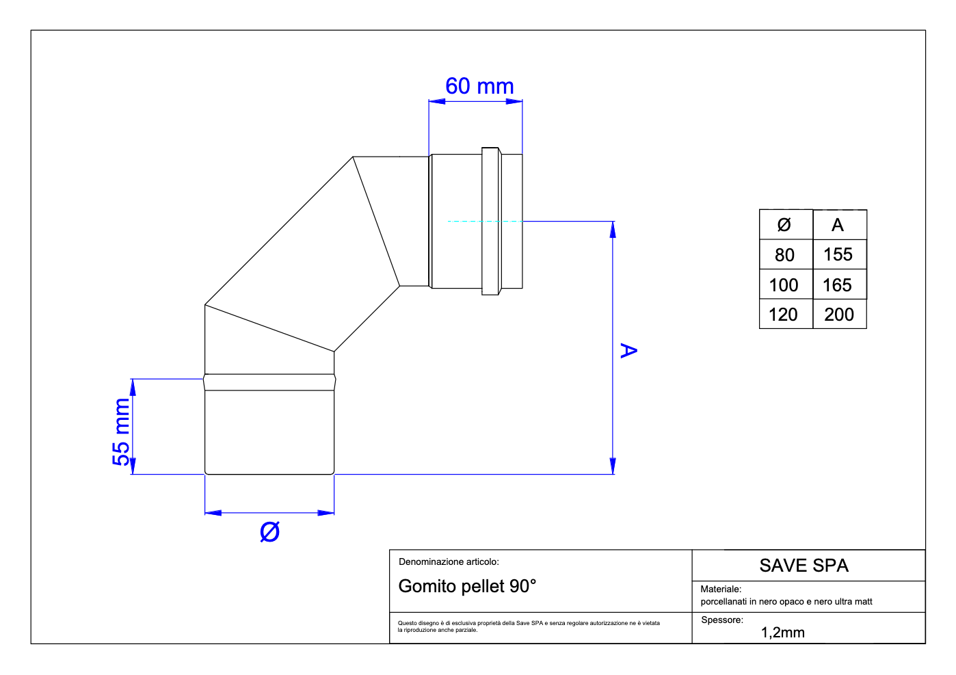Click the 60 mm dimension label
point(479,87)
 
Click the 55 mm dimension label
point(121,432)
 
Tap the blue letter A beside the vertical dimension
point(628,351)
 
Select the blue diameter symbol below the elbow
point(270,532)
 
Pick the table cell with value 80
point(785,255)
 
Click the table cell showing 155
point(838,255)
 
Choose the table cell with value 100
point(784,285)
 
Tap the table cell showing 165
point(838,285)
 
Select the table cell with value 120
point(784,315)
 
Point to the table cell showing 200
point(839,315)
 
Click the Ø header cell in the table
point(784,225)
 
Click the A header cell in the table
point(838,225)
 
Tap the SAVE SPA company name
point(804,566)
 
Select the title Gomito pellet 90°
point(468,586)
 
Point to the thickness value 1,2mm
point(783,633)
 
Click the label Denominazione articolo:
point(449,562)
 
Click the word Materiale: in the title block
point(721,589)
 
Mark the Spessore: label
point(722,620)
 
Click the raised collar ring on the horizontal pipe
point(490,221)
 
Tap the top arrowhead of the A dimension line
point(613,230)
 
